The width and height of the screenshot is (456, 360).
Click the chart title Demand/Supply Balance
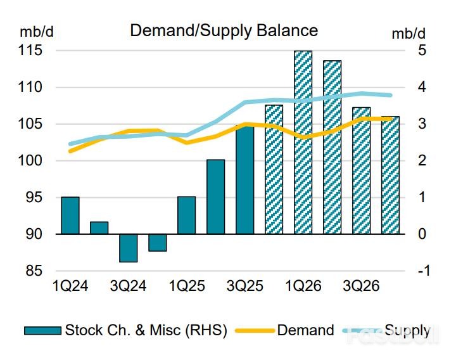pyautogui.click(x=224, y=30)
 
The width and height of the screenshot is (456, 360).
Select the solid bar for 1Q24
pyautogui.click(x=70, y=215)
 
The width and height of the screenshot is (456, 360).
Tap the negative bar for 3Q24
pyautogui.click(x=129, y=248)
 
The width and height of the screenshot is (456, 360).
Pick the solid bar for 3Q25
pyautogui.click(x=245, y=180)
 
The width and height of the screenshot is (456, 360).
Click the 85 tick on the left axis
pyautogui.click(x=34, y=271)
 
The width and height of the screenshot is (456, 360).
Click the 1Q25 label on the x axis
pyautogui.click(x=186, y=286)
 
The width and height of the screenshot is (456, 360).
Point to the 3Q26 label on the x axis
pyautogui.click(x=361, y=286)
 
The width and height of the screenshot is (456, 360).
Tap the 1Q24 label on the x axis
pyautogui.click(x=70, y=286)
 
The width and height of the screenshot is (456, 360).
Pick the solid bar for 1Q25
pyautogui.click(x=187, y=215)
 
